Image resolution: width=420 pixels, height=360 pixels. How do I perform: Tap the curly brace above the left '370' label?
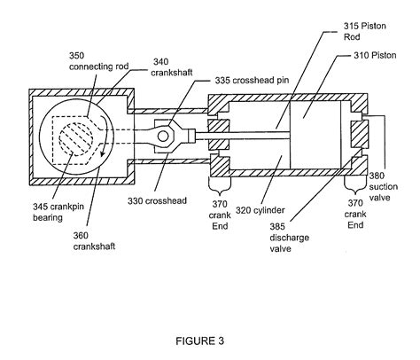pos(220,185)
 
